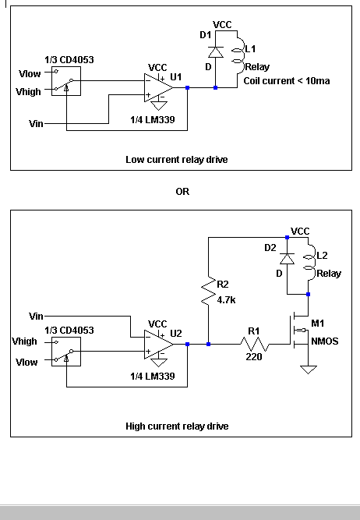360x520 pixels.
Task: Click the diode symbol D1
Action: coord(216,52)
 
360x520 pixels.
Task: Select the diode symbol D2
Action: coord(287,258)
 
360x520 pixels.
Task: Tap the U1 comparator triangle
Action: coord(158,88)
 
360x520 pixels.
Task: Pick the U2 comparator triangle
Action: coord(158,345)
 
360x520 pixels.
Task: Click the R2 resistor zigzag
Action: coord(209,291)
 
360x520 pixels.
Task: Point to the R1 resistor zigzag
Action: coord(255,345)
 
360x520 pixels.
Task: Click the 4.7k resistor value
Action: coord(226,300)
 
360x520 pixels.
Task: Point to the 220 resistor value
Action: coord(254,357)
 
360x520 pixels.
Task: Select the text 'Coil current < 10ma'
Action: coord(287,81)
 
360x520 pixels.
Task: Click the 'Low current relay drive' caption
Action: coord(177,160)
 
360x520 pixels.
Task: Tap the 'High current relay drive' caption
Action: coord(177,426)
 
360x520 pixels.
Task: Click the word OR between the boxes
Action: coord(182,192)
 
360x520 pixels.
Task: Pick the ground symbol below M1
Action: coord(309,369)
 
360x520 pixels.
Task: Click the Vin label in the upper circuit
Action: coord(36,124)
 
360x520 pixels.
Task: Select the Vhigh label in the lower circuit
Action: coord(24,341)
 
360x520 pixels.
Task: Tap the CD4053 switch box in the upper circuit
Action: coord(66,81)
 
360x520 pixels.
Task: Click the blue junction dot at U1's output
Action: coord(187,88)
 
